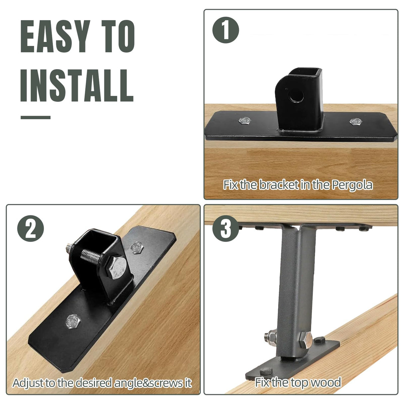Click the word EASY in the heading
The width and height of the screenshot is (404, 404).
pyautogui.click(x=55, y=36)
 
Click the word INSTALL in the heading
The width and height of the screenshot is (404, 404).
pyautogui.click(x=77, y=86)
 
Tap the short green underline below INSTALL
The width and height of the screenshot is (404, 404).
pyautogui.click(x=35, y=117)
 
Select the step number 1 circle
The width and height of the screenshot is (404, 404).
pyautogui.click(x=226, y=30)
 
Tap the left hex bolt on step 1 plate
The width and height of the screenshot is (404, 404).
pyautogui.click(x=245, y=120)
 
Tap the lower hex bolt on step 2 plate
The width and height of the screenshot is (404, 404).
pyautogui.click(x=73, y=321)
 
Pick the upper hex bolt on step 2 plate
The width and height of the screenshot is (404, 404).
pyautogui.click(x=136, y=247)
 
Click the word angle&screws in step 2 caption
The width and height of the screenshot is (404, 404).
pyautogui.click(x=144, y=383)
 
